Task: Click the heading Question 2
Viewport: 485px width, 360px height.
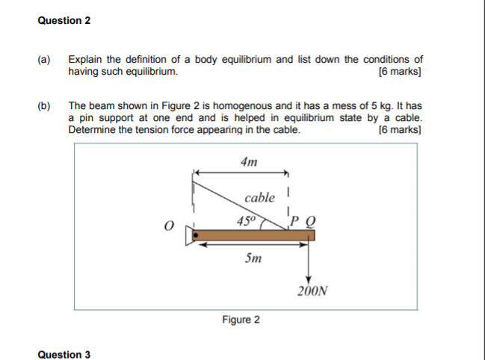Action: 64,20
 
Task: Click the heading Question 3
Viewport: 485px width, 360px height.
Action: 64,354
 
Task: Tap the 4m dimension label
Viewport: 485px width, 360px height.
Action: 250,161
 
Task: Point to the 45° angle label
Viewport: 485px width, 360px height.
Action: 246,220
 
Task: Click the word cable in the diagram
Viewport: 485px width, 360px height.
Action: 259,198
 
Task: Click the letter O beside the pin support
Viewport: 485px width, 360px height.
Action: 170,225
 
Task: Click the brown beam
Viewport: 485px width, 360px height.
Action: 254,236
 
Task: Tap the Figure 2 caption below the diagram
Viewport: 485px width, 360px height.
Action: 241,320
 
